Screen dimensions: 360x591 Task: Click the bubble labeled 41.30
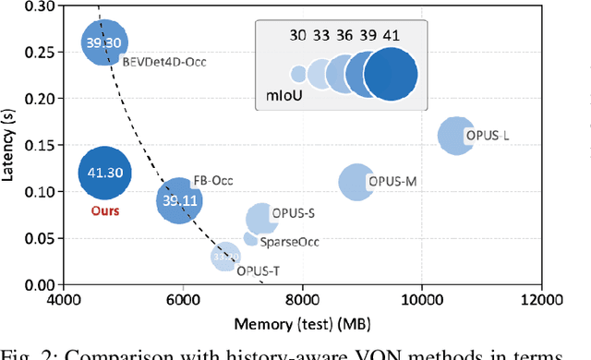pyautogui.click(x=104, y=173)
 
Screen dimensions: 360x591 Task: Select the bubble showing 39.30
pyautogui.click(x=105, y=42)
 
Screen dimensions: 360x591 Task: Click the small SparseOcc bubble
pyautogui.click(x=250, y=238)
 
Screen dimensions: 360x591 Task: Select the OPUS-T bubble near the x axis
pyautogui.click(x=225, y=258)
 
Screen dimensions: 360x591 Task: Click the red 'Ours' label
pyautogui.click(x=104, y=210)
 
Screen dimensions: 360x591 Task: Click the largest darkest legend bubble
pyautogui.click(x=391, y=74)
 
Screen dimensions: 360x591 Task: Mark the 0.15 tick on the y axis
pyautogui.click(x=42, y=145)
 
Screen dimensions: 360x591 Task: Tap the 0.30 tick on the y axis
pyautogui.click(x=42, y=6)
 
